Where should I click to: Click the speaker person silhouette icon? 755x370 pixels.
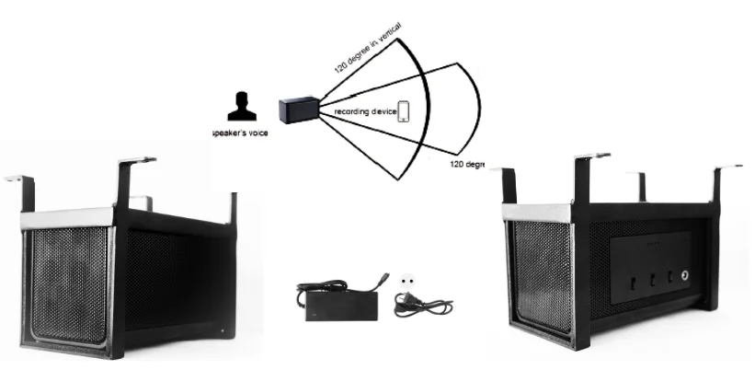coord(242,108)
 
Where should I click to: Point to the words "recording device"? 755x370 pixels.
coord(365,111)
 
